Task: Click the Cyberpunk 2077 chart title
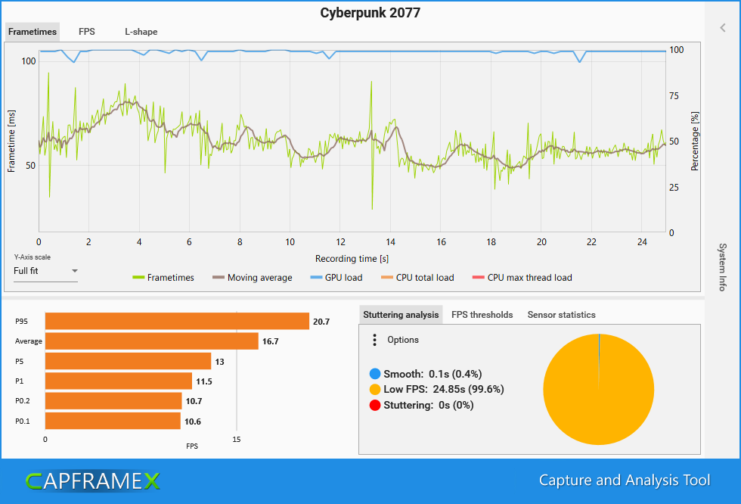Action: [370, 13]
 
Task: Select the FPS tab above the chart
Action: [86, 32]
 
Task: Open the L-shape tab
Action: [141, 32]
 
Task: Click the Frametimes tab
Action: [33, 32]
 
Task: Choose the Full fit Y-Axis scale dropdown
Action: [46, 271]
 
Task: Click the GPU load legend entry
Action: [337, 278]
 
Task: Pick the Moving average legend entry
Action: [253, 278]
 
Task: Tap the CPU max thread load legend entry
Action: [522, 278]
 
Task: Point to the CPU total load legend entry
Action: [417, 278]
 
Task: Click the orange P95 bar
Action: [177, 322]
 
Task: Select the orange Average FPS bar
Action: [151, 341]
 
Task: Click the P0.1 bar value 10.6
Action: [193, 422]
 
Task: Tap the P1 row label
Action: [19, 381]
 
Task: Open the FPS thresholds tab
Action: [482, 315]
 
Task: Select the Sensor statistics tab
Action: [561, 315]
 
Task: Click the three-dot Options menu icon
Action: [374, 340]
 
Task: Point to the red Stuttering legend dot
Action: [375, 405]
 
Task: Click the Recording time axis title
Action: [352, 258]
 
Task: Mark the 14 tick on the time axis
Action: [390, 242]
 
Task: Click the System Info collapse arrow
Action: [723, 28]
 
